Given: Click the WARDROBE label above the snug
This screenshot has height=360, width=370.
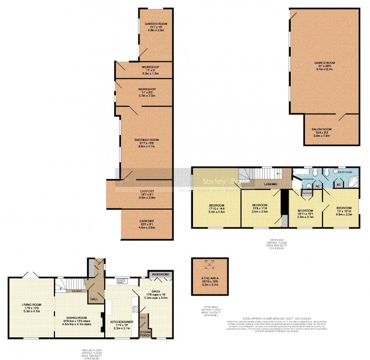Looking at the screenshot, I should pos(158,275).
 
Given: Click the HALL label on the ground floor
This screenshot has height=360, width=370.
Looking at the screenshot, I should pos(95,299).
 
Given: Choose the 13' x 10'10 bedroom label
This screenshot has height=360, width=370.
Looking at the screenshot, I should pos(344,211).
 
